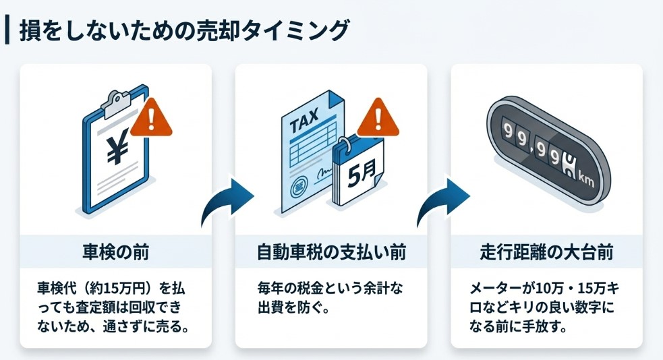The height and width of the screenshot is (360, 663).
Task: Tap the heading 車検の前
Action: (115, 253)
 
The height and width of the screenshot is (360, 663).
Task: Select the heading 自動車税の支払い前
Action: (331, 253)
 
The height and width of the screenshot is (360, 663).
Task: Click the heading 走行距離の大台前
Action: (546, 253)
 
